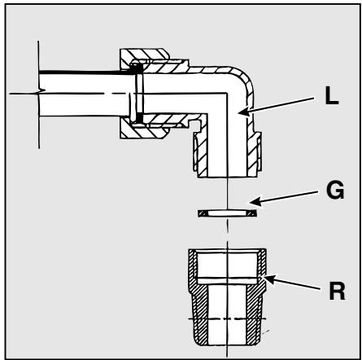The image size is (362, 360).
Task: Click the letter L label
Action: tap(332, 97)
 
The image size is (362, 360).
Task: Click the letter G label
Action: tap(335, 190)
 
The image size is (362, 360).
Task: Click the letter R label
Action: tap(337, 291)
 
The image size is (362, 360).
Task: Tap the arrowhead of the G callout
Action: tap(255, 201)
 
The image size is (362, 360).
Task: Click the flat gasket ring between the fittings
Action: tap(227, 213)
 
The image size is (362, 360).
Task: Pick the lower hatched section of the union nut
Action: tap(144, 131)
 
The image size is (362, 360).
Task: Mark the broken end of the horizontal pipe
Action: tap(39, 94)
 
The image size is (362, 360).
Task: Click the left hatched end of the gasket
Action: tap(203, 213)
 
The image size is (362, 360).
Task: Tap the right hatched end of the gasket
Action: tap(251, 213)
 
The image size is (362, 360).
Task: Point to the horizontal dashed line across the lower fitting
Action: tap(227, 318)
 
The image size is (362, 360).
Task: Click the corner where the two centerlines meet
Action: tap(227, 94)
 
